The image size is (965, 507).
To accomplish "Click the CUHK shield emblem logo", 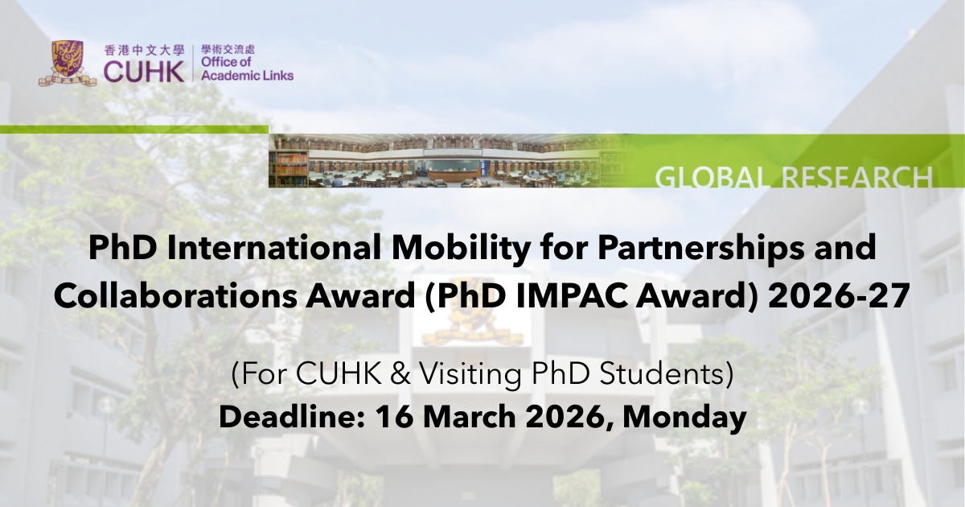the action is point(68,64).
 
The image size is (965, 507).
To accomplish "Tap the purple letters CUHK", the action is point(144,72).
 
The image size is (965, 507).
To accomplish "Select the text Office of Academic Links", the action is point(248,69).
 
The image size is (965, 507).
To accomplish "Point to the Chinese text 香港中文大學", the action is point(144,51).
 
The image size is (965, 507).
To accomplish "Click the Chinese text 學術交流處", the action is point(228,50).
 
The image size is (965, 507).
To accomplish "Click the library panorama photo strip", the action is point(448,160).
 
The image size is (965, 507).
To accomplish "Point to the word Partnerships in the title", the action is point(701,249).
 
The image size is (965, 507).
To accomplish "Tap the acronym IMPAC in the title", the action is point(571,296).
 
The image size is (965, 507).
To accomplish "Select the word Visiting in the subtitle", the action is point(470,374).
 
